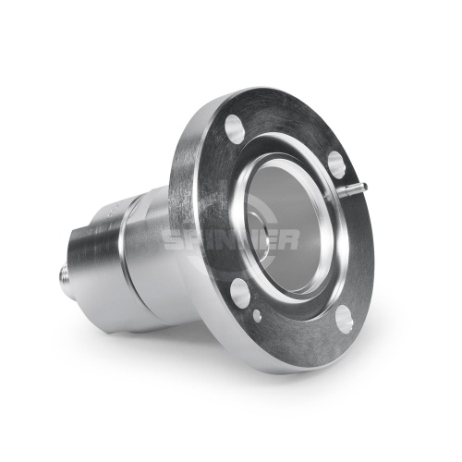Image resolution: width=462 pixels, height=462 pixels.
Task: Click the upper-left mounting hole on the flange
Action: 235,129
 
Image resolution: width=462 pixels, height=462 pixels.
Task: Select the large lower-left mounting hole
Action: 240,292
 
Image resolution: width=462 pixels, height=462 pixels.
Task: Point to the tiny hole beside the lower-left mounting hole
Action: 257,315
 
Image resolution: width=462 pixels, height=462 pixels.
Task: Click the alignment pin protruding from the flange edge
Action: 352,188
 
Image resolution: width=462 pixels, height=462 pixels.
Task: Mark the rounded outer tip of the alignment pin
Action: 365,186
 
